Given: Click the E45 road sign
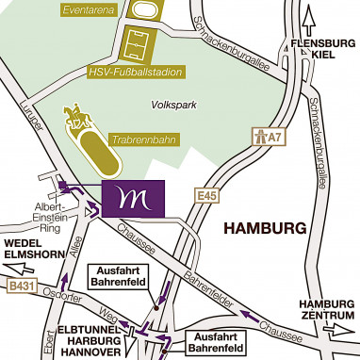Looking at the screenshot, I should coord(208,195).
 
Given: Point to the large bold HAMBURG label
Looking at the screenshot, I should coord(266,229).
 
